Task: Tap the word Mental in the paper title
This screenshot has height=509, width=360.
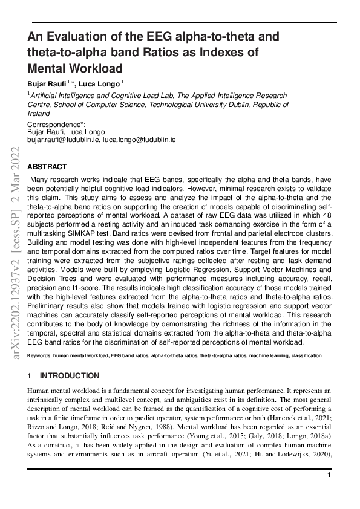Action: [x=50, y=68]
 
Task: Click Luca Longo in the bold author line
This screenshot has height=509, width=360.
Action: [x=101, y=83]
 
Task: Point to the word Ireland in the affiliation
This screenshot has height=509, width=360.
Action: [x=39, y=112]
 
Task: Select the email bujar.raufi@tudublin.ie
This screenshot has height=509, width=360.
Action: [x=64, y=139]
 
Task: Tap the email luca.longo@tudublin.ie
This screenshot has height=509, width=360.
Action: [x=139, y=139]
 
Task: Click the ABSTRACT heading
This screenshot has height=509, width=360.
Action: [x=47, y=167]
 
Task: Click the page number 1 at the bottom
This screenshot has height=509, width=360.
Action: [x=329, y=476]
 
